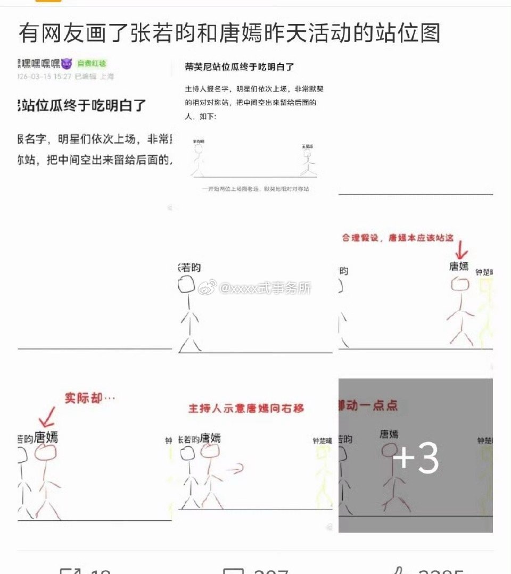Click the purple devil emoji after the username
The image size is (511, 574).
coord(67,64)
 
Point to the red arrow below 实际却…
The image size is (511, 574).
coord(50,415)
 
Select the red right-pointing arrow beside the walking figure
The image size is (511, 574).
coord(234,468)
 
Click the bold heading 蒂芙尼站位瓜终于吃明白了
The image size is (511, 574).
coord(240,67)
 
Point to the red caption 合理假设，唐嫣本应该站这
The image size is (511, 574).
coord(398,238)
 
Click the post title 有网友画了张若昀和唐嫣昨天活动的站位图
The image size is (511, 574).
coord(229,33)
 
